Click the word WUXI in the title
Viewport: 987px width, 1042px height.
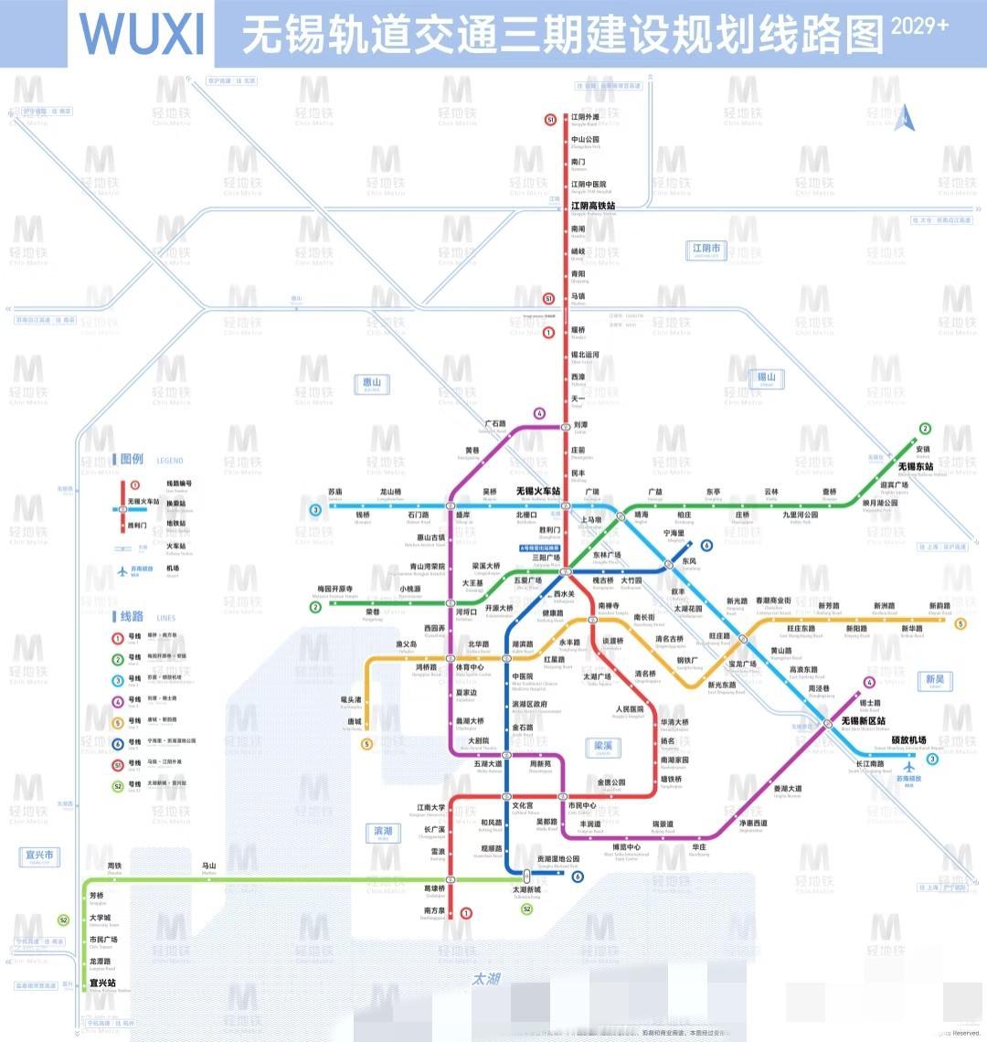pos(142,34)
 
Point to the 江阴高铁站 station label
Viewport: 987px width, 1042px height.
pos(593,206)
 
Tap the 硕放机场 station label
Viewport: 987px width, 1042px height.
pos(908,739)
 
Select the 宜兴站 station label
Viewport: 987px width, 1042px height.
pos(102,984)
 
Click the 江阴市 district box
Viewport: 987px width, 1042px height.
pos(706,250)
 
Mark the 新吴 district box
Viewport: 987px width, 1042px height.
pos(935,680)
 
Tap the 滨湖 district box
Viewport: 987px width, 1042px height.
pos(383,832)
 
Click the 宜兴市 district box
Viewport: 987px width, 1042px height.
pos(38,856)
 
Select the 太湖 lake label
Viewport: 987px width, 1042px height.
pos(486,979)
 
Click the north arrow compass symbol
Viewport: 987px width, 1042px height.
pos(904,117)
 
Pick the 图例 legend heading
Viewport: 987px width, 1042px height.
pos(133,459)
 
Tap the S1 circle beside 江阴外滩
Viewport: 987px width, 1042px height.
pos(550,120)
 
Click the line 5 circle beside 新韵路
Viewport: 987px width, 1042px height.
pos(960,624)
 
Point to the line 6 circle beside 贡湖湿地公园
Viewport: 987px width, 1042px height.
pos(578,877)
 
